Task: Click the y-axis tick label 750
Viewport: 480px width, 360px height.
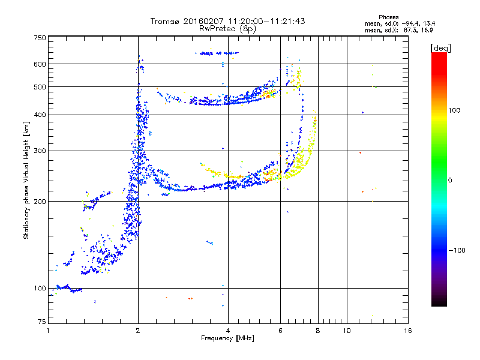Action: click(40, 38)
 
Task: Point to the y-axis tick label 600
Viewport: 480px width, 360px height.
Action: click(40, 64)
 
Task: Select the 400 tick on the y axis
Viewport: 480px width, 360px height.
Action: click(40, 115)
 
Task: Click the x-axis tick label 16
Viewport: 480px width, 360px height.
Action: click(407, 330)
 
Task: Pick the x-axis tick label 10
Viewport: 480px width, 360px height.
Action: click(346, 330)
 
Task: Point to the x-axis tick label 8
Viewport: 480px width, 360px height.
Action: click(318, 330)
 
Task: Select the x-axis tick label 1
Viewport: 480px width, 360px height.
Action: click(48, 330)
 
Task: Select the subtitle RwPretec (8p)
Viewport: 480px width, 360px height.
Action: click(227, 28)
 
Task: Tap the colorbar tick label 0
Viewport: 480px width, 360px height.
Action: click(452, 180)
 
